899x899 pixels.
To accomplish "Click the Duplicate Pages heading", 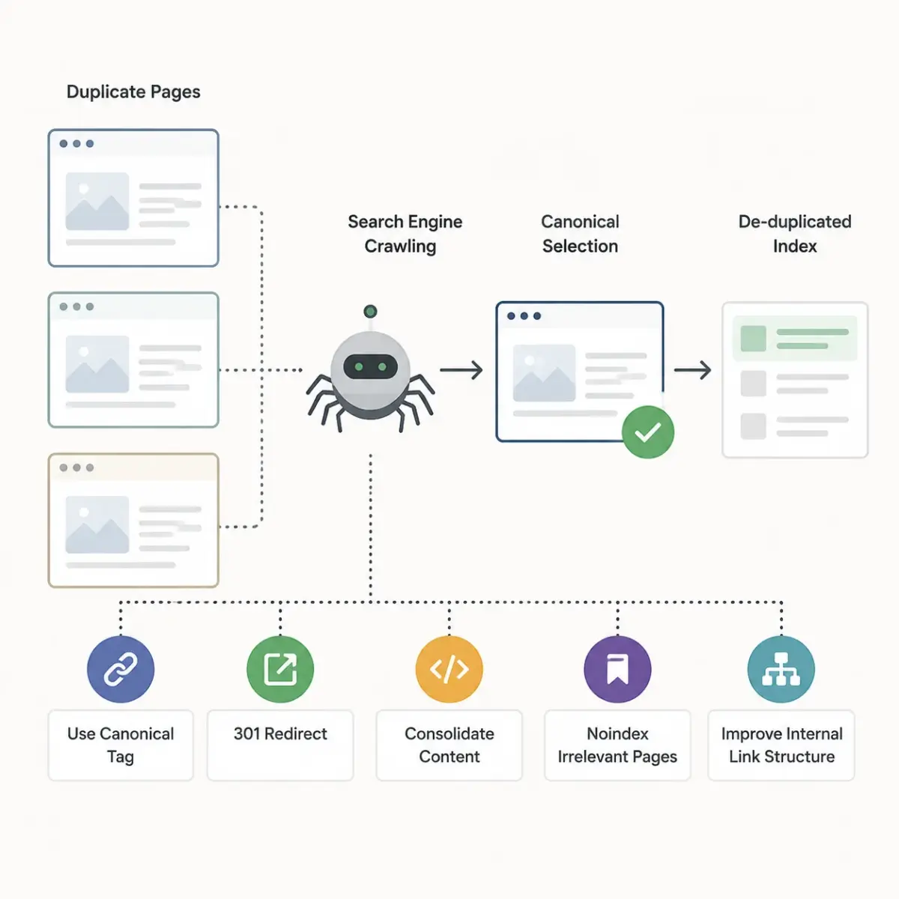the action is click(x=133, y=92).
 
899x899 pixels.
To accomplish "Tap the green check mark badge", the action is click(x=647, y=432).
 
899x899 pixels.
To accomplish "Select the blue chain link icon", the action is click(x=121, y=669).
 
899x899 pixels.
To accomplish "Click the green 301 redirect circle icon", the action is click(x=280, y=669).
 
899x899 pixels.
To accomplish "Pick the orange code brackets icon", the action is click(x=449, y=669).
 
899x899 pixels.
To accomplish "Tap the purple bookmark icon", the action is click(x=617, y=669).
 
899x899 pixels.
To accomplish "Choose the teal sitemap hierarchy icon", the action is click(x=781, y=669).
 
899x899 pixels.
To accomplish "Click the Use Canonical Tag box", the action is click(x=121, y=745).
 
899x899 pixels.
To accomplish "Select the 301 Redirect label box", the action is click(x=280, y=745).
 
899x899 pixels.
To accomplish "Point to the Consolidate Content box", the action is click(x=449, y=745).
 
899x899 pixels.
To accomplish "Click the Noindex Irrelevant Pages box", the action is click(x=617, y=745).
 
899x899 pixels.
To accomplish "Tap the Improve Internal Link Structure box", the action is click(x=781, y=745).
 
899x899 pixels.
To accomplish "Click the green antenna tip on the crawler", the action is click(x=370, y=311).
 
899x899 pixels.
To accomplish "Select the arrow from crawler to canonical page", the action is click(x=461, y=370).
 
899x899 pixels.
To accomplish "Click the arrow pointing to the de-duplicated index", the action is click(x=693, y=370).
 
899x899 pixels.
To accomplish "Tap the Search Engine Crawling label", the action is click(x=405, y=234).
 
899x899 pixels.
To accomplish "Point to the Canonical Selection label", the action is click(x=580, y=234).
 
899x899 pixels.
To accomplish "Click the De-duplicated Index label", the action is click(x=795, y=234).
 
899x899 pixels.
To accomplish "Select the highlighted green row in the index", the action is click(x=795, y=338).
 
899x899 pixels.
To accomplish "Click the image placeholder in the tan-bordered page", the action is click(x=97, y=524).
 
